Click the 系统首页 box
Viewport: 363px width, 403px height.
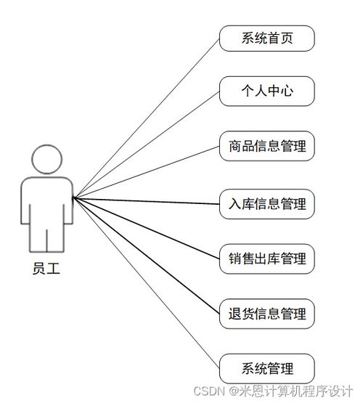pos(267,38)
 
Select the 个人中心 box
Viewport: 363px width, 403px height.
pos(267,91)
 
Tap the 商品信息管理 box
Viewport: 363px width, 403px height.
pos(267,146)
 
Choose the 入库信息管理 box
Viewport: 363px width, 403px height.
pos(267,204)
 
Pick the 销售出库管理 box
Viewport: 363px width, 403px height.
pos(267,259)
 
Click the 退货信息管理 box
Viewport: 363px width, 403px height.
pos(267,314)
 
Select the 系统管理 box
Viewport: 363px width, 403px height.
pos(267,369)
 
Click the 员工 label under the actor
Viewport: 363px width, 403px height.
pos(46,269)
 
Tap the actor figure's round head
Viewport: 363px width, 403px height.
pos(46,159)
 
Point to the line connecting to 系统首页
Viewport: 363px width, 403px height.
pos(146,118)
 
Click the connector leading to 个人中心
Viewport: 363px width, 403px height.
pos(146,144)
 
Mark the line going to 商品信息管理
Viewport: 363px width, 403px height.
pos(146,172)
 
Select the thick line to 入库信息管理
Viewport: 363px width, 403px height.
pos(146,200)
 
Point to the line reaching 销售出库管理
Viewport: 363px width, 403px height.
pos(146,228)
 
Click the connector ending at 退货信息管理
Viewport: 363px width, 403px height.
pos(146,256)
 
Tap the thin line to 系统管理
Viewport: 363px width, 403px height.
pos(146,283)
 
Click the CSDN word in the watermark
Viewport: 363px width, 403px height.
pos(209,391)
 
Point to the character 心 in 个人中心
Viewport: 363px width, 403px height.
pos(287,91)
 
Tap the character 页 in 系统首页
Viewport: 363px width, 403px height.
pos(287,38)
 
